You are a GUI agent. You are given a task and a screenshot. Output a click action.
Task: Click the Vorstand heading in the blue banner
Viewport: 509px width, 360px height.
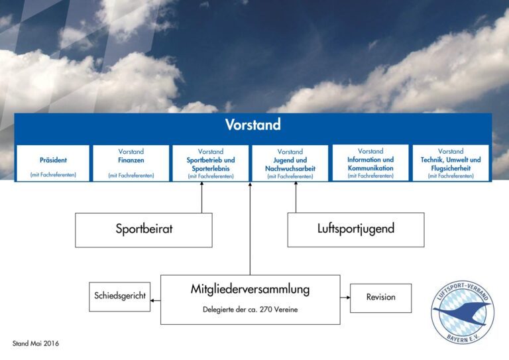tap(253, 125)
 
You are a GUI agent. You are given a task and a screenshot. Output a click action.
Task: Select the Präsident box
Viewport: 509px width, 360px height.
tap(53, 163)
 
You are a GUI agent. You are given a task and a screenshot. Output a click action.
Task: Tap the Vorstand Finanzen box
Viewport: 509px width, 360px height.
tap(131, 163)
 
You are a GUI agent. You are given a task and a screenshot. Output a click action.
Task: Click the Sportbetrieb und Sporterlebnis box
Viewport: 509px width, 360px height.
tap(211, 163)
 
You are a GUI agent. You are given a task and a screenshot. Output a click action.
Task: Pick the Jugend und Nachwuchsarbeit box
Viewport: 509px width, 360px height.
tap(290, 163)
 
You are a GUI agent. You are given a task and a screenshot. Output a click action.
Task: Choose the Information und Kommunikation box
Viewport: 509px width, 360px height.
tap(370, 162)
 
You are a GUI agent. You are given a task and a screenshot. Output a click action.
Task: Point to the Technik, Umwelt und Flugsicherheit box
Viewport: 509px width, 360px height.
tap(451, 163)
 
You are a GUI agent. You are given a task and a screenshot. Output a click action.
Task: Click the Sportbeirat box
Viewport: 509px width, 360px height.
tap(143, 229)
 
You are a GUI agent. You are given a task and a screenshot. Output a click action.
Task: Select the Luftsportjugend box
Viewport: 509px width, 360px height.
tap(355, 229)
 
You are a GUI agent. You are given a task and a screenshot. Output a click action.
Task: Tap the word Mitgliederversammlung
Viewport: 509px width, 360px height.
tap(250, 289)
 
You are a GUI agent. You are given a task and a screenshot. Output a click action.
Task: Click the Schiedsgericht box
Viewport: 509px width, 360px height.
tap(119, 296)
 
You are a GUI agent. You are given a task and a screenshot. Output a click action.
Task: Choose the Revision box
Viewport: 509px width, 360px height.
tap(380, 298)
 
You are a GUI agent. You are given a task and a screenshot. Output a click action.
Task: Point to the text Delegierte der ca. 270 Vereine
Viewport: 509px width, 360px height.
tap(250, 310)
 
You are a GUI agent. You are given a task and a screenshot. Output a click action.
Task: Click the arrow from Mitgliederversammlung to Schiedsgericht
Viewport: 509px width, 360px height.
tap(156, 300)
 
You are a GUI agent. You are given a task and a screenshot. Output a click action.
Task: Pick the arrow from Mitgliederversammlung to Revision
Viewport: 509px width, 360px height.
tap(345, 298)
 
